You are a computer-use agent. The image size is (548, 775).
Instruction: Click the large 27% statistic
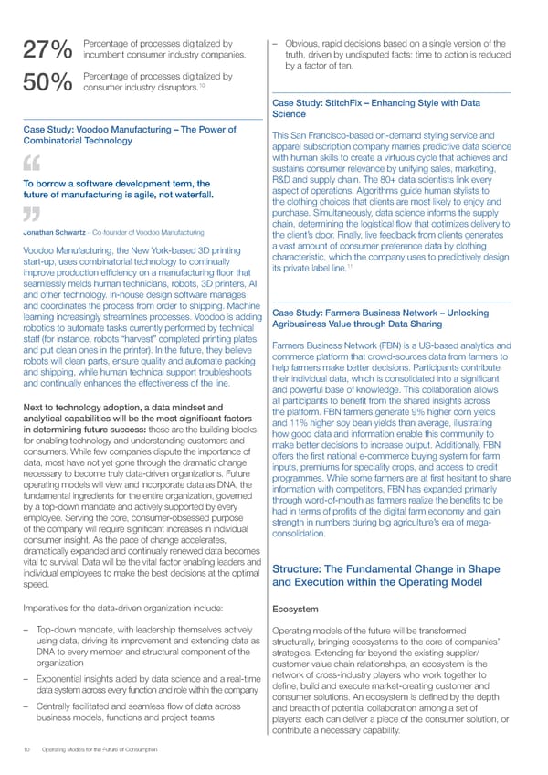click(x=45, y=52)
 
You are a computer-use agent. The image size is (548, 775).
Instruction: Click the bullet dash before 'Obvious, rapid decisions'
click(x=277, y=43)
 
